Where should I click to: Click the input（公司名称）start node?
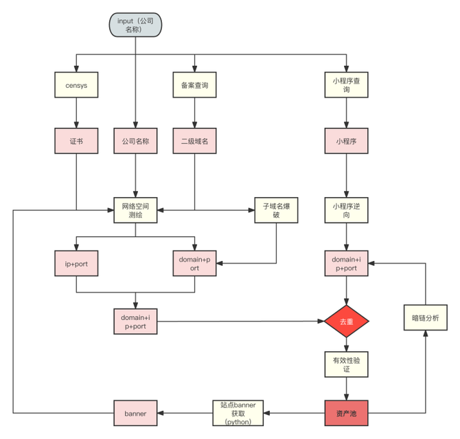[x=135, y=25]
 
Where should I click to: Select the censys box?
[x=76, y=85]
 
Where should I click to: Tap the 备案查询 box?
[x=194, y=85]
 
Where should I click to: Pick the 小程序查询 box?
[x=345, y=85]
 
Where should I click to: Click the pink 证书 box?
[x=76, y=141]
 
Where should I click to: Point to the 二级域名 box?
[x=194, y=141]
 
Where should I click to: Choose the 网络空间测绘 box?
[x=135, y=210]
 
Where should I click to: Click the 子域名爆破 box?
[x=276, y=210]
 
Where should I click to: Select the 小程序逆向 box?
[x=345, y=210]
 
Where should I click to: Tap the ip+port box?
[x=76, y=264]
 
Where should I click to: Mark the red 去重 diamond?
[x=345, y=322]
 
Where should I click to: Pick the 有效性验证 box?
[x=345, y=364]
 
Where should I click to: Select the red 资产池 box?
[x=345, y=414]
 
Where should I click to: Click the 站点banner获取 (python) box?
[x=238, y=414]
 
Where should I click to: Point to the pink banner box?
[x=135, y=414]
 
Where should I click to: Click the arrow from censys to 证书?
[x=76, y=112]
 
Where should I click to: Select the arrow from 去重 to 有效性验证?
[x=345, y=344]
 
